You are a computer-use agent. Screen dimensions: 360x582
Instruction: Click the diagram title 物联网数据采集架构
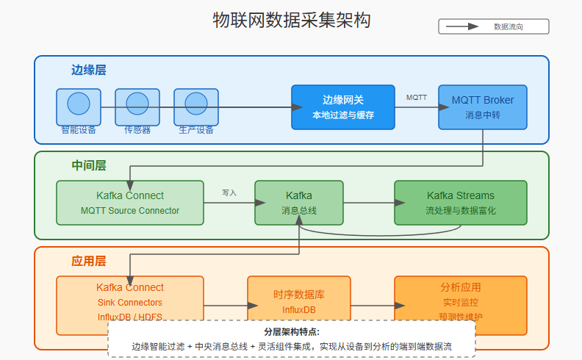click(291, 21)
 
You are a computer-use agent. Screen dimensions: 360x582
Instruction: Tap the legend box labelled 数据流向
click(494, 26)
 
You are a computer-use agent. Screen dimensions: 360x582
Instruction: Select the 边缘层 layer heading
click(88, 71)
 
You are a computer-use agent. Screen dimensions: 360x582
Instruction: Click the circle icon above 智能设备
click(79, 103)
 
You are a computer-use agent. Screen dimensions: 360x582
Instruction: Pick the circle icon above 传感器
click(137, 103)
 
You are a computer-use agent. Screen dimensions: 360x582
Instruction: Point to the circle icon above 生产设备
click(196, 103)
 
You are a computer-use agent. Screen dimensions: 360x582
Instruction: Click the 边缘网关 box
click(343, 107)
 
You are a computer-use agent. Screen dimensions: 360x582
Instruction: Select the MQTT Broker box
click(483, 107)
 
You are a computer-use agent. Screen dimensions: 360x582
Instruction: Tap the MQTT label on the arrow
click(417, 97)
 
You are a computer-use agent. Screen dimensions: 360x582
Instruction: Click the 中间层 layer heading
click(88, 166)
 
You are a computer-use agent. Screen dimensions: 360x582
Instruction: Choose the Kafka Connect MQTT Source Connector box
click(130, 203)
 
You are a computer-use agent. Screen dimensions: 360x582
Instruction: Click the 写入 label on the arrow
click(229, 192)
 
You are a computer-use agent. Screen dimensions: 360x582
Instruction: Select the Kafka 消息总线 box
click(299, 203)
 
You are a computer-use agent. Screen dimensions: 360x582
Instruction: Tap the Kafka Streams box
click(461, 203)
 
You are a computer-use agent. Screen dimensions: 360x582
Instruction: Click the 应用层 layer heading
click(88, 262)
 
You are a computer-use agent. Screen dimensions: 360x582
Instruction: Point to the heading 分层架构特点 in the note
click(291, 332)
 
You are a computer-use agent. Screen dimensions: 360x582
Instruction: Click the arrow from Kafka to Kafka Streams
click(369, 203)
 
